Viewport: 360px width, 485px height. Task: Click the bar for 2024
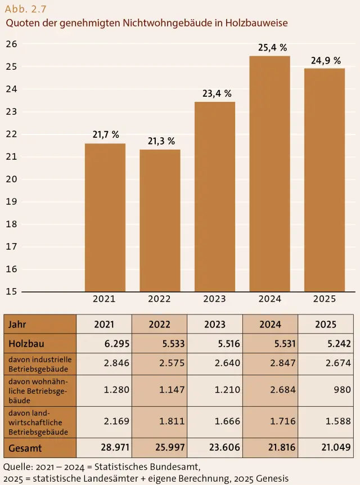269,174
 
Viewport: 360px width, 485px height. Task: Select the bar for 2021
105,217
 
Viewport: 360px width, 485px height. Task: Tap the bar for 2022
160,221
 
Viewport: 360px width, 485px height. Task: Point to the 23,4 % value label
217,93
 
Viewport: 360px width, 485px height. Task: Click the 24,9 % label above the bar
326,60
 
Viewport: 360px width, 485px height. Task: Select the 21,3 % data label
161,141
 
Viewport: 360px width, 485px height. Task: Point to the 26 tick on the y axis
11,44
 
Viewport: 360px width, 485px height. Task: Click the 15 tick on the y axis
11,291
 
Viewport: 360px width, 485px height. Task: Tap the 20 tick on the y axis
11,179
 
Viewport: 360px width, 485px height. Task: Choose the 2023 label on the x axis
215,299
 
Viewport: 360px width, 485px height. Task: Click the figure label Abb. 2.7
26,9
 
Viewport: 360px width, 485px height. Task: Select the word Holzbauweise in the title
256,23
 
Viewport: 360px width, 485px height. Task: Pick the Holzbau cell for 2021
104,343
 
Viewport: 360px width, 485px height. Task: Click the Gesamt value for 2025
326,447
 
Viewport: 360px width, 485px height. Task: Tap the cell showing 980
326,390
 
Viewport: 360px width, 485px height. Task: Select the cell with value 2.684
271,390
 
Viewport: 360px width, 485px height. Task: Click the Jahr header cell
40,324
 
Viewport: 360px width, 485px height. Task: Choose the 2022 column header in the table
160,324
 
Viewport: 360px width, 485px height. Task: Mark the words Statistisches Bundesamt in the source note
147,467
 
